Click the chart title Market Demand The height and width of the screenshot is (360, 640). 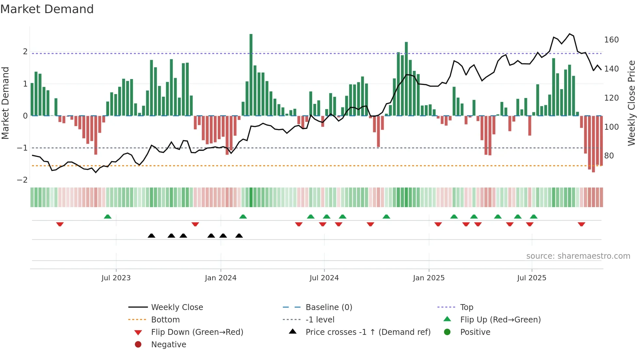47,9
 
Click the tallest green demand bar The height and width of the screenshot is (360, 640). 251,75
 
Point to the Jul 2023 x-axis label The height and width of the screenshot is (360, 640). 116,278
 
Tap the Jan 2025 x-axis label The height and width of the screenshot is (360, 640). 428,278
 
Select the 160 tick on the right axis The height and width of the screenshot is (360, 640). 611,40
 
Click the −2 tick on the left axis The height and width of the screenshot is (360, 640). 22,180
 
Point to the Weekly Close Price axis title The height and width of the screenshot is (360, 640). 632,103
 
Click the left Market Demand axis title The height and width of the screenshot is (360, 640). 6,103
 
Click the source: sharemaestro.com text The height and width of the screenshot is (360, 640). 578,256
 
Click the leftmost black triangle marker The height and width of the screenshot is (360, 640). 152,236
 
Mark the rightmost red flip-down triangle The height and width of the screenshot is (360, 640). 581,224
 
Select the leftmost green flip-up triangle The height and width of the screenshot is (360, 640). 107,217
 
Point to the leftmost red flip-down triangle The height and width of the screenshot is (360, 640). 60,224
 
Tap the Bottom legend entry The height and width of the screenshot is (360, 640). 165,320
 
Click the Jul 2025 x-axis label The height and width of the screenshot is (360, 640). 532,278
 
